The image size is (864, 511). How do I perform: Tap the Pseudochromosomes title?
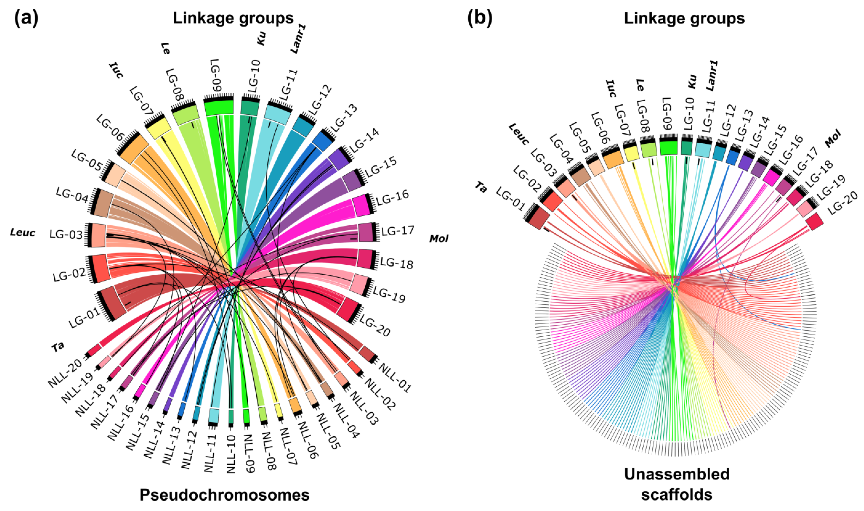(x=224, y=495)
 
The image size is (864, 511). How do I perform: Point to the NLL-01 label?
(x=395, y=378)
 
